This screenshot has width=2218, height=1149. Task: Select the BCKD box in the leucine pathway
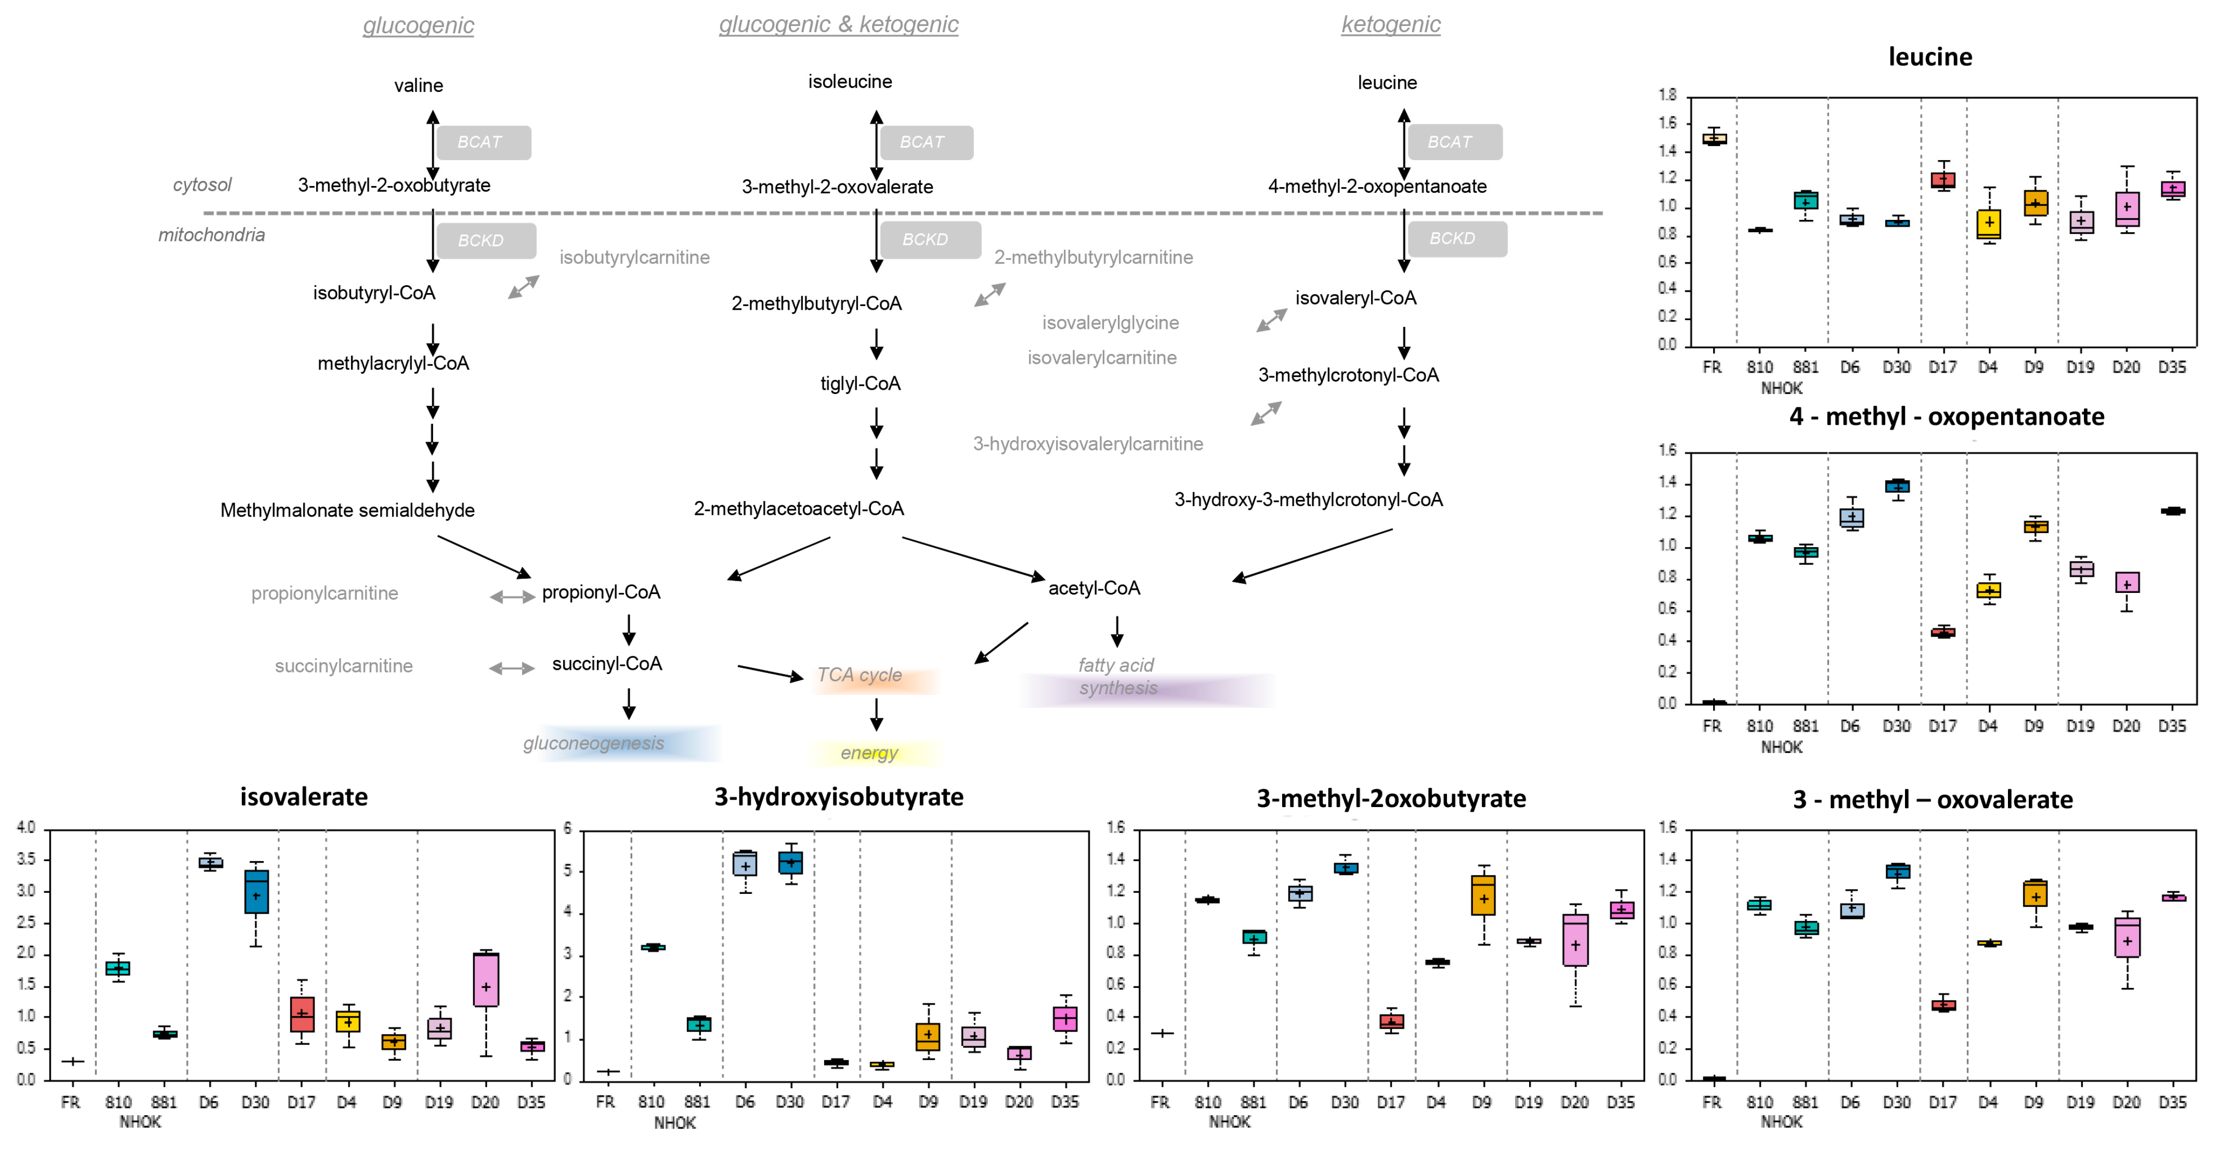click(1455, 239)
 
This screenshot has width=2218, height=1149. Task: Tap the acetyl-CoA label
click(1093, 588)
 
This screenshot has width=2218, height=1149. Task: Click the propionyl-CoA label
click(601, 592)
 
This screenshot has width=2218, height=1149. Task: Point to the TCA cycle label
click(859, 675)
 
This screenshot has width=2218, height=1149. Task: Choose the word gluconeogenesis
click(593, 743)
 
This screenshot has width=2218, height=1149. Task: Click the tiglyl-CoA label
click(860, 383)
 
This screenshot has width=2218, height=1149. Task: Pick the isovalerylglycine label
click(1110, 323)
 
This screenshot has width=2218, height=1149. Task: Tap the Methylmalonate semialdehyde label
click(347, 510)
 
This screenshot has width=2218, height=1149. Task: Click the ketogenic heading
click(1391, 24)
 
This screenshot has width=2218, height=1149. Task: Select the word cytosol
click(202, 184)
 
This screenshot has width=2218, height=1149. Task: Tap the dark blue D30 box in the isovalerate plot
click(256, 892)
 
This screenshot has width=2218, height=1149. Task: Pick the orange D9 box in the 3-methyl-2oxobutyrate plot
click(1483, 895)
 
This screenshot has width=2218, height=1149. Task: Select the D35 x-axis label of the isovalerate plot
click(531, 1103)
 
